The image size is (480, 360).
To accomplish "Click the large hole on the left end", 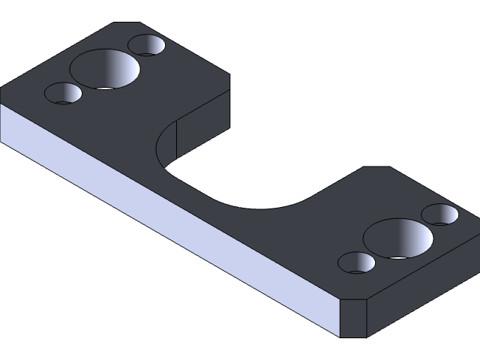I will point(105,69).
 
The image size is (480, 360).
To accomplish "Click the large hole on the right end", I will point(398,238).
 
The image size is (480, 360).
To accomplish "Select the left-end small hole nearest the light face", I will point(63,94).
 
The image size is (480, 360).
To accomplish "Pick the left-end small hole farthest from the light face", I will point(146,45).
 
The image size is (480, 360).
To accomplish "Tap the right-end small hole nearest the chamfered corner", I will point(357,262).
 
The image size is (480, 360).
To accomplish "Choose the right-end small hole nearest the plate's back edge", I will point(440,214).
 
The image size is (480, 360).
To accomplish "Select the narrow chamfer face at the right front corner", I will point(354,319).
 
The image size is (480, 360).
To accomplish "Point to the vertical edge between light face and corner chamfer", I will point(340,318).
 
